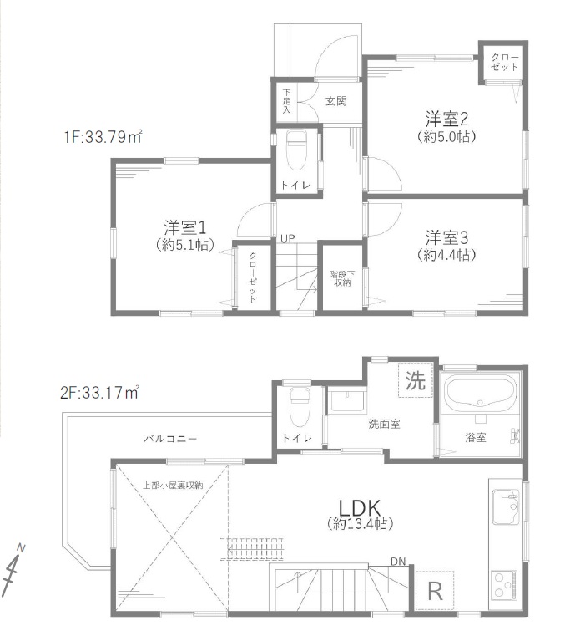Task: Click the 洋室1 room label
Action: point(184,228)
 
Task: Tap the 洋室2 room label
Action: point(446,119)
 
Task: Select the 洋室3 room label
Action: point(446,237)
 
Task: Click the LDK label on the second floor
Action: point(359,507)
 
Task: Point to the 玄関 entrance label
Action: point(336,100)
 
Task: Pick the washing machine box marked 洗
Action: point(416,380)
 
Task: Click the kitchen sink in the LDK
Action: point(507,506)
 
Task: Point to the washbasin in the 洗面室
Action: point(348,401)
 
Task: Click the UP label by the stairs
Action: point(287,239)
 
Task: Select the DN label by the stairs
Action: point(398,562)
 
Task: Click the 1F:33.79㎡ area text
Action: point(103,137)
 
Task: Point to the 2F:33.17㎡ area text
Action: point(99,392)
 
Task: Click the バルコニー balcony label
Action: point(170,438)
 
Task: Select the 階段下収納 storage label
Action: point(342,278)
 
